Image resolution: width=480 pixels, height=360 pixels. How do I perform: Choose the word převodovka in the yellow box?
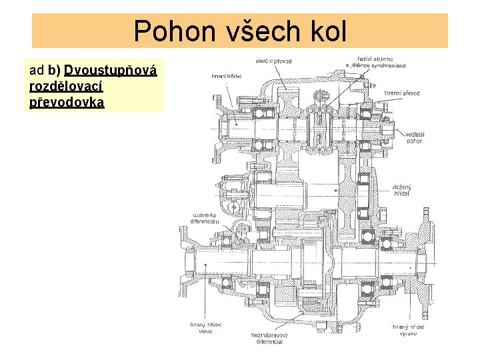click(67, 103)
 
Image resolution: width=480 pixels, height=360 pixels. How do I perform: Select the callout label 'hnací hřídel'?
click(227, 77)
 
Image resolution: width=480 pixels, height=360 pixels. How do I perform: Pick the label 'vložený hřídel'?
click(402, 191)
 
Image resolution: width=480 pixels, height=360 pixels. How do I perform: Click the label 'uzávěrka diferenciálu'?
click(206, 218)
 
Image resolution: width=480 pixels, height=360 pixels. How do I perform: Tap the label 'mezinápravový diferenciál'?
click(266, 338)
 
